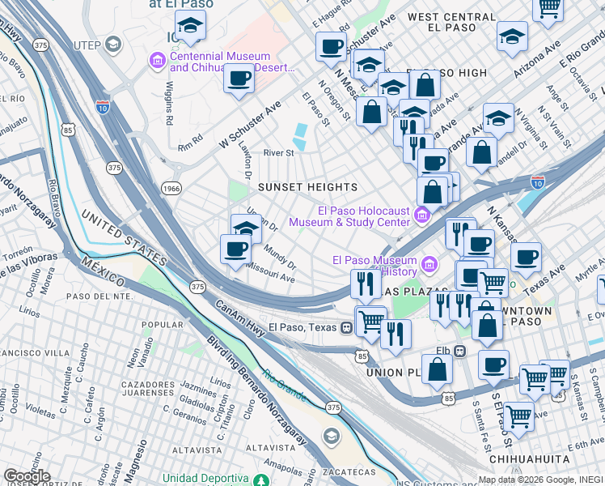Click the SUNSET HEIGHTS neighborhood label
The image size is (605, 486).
click(x=307, y=187)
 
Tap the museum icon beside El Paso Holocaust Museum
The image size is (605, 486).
click(x=421, y=215)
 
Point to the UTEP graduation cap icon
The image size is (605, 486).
click(x=114, y=43)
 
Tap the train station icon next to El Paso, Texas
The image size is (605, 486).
click(x=346, y=327)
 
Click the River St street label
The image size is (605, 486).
click(x=278, y=152)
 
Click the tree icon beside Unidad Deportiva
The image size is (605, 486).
click(x=260, y=480)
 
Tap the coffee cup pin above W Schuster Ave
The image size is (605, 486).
click(x=239, y=79)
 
